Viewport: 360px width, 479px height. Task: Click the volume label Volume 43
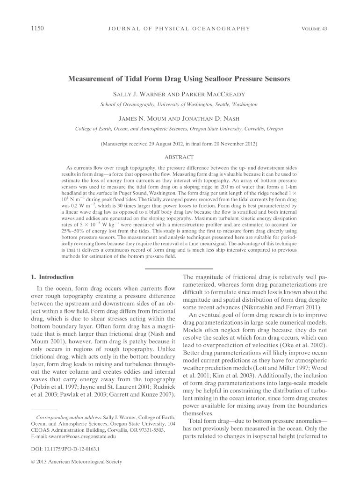pos(314,29)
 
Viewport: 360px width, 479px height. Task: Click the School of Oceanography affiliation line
pos(179,104)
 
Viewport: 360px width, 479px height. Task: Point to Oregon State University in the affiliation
pos(219,129)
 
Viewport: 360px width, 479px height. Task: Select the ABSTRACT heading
pos(179,157)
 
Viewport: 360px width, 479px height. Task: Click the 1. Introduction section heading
pos(51,277)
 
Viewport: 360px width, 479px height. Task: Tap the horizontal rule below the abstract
pos(179,269)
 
